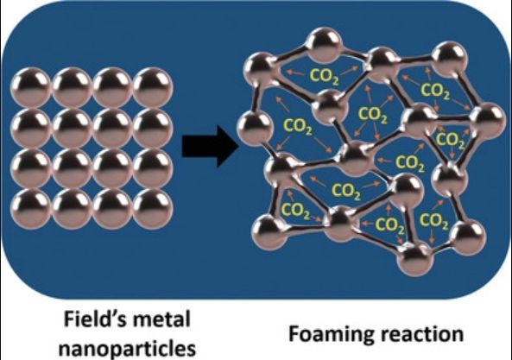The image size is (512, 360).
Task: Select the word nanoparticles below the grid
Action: [x=127, y=348]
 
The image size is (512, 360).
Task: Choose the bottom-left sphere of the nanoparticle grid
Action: [x=31, y=209]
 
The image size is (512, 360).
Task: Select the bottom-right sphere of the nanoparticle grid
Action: [x=153, y=209]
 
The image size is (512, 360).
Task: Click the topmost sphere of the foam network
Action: [x=325, y=45]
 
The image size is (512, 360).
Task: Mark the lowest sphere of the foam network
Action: [x=415, y=259]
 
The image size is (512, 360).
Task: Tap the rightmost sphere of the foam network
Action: [x=488, y=121]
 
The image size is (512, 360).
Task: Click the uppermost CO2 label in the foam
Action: [x=324, y=76]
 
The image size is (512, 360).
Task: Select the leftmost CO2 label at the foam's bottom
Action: [x=295, y=211]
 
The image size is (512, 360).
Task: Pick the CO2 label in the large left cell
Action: [x=298, y=127]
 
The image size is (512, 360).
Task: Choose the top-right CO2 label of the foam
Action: [x=435, y=90]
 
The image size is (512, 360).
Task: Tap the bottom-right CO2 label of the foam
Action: [x=434, y=221]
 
